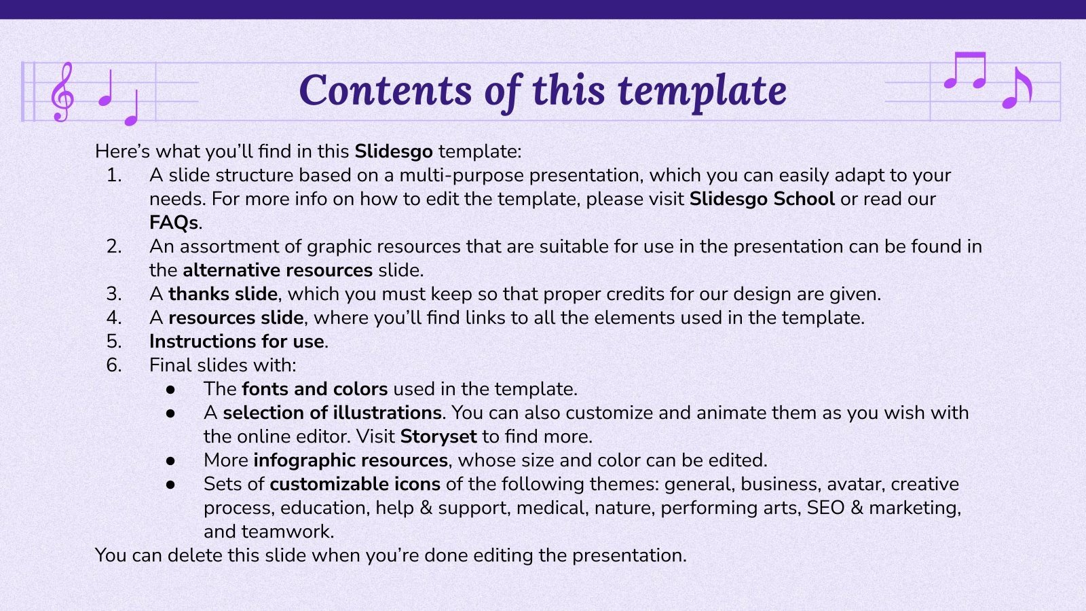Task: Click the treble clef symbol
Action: tap(62, 92)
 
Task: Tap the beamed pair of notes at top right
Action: tap(965, 71)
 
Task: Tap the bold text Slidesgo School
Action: tap(762, 199)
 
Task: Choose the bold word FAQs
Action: tap(174, 223)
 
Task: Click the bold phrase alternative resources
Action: tap(278, 270)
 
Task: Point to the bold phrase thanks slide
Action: tap(223, 294)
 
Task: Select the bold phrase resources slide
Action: tap(236, 318)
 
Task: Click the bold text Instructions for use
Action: tap(237, 341)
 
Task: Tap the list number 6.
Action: tap(113, 365)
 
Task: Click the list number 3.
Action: tap(113, 294)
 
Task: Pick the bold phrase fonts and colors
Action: tap(314, 389)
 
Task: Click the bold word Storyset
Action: tap(438, 437)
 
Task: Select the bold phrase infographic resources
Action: tap(350, 460)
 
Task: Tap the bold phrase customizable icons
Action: tap(355, 484)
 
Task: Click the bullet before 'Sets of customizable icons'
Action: tap(170, 485)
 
